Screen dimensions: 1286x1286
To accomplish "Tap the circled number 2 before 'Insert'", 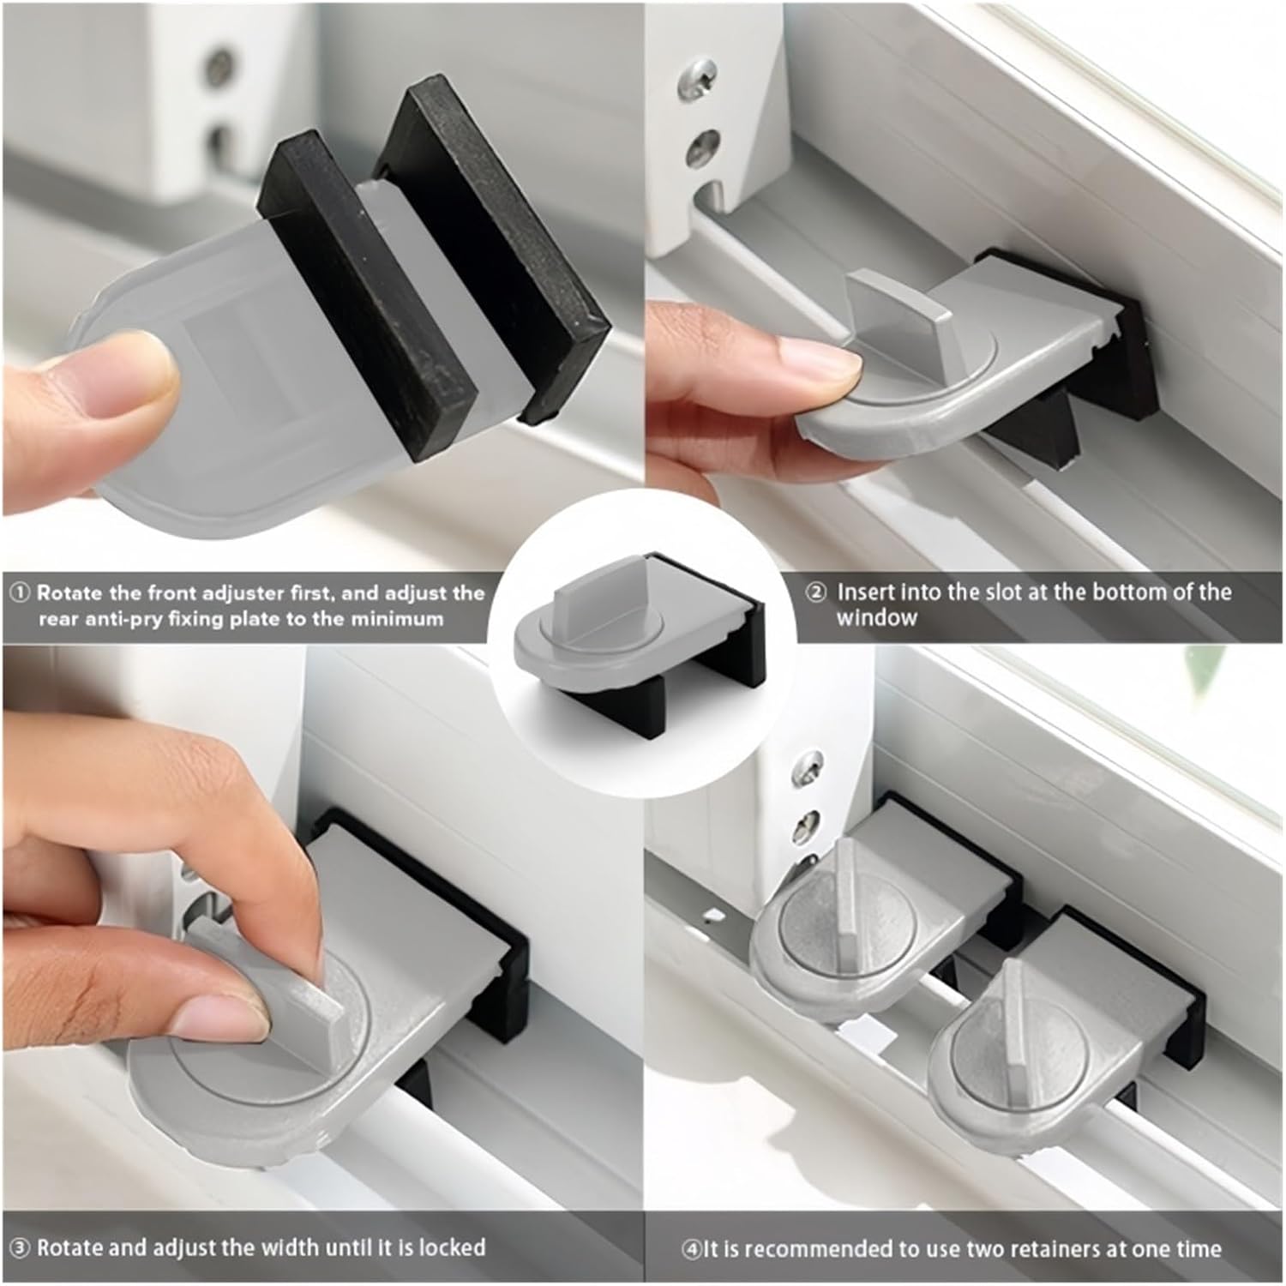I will click(816, 592).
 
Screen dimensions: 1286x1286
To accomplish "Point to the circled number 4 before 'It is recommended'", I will click(691, 1249).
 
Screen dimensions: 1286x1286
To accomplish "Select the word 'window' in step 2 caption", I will click(876, 618).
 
